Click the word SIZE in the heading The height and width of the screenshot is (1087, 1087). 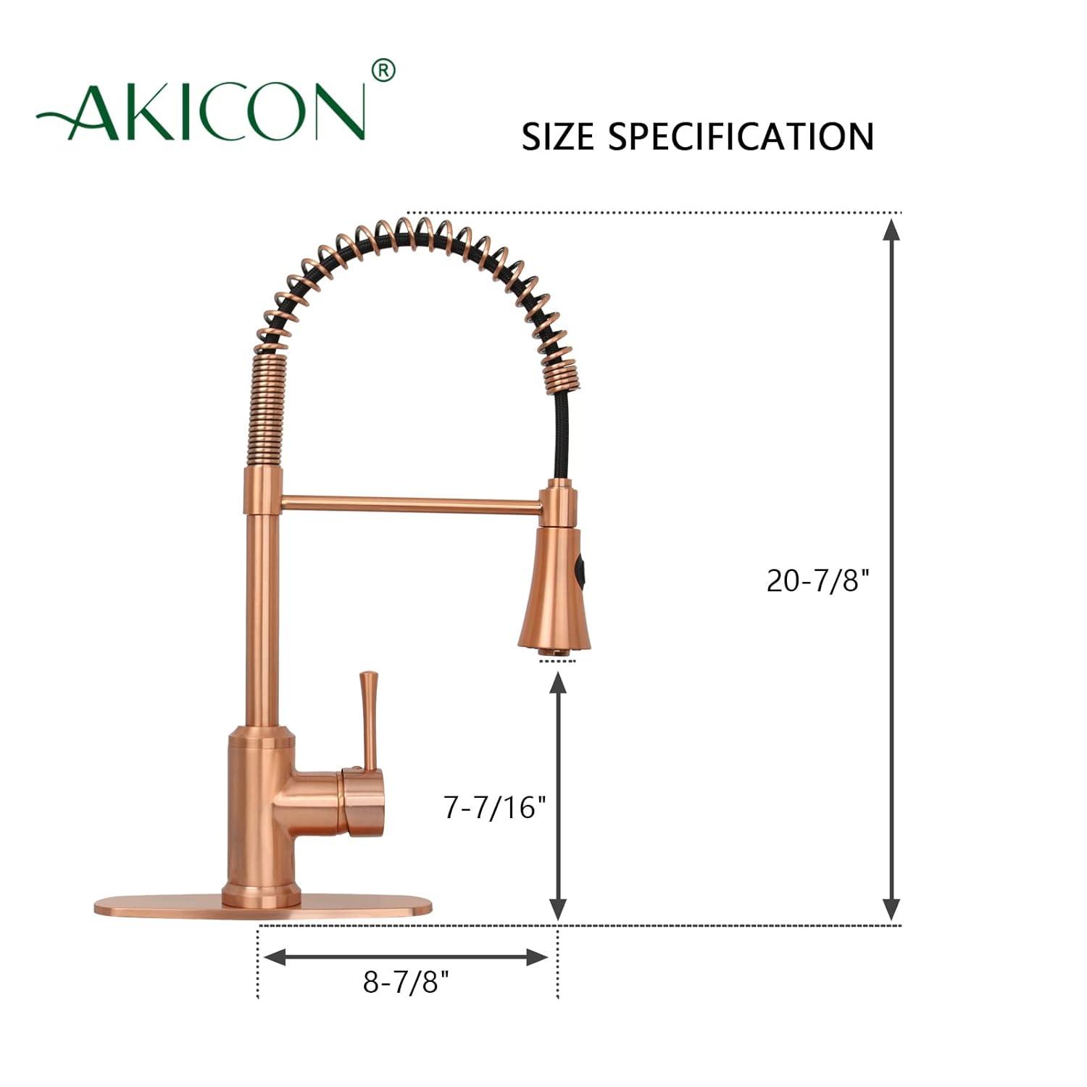coord(558,136)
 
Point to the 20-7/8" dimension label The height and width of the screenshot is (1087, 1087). coord(817,580)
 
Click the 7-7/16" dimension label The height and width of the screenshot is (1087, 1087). coord(495,807)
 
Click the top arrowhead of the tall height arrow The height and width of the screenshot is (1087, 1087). coord(891,230)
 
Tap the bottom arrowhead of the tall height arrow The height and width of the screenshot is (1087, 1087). coord(891,909)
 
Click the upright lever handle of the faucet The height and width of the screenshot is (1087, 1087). coord(369,717)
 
